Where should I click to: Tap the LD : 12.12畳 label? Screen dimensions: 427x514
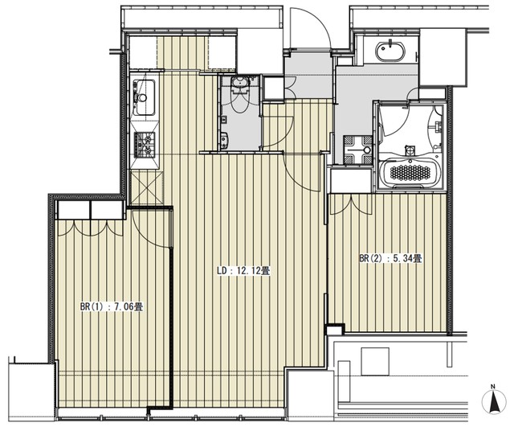coord(243,271)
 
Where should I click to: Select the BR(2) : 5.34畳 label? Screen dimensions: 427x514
coord(390,258)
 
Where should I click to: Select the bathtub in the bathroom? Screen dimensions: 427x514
coord(410,170)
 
